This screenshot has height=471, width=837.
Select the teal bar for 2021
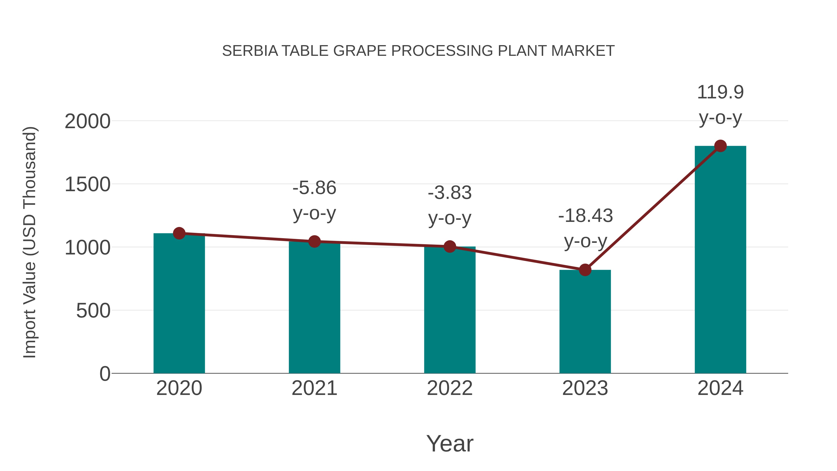tap(314, 309)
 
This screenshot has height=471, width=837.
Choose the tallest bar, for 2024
tap(720, 260)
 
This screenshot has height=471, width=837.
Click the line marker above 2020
tap(179, 233)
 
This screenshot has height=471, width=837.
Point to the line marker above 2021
tap(314, 241)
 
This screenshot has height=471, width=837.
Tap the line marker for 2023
tap(585, 270)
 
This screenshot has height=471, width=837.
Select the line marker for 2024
tap(720, 146)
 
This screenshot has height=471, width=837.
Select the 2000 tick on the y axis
tap(87, 122)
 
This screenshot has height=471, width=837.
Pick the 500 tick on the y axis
tap(93, 311)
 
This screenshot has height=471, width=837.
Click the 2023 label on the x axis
tap(585, 388)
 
